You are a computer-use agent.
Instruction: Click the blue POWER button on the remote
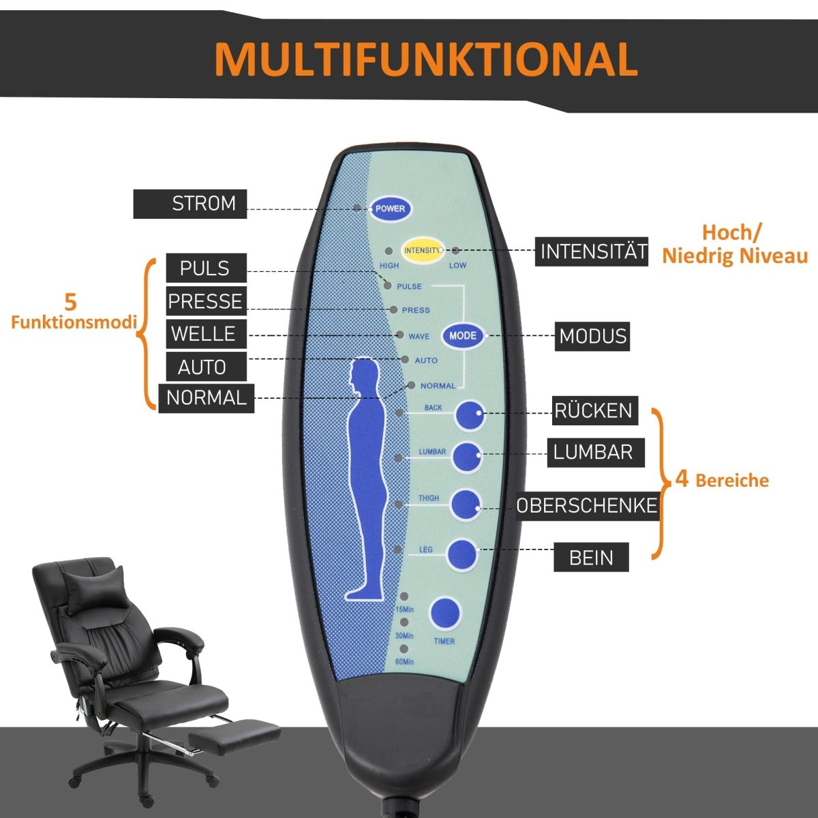[391, 209]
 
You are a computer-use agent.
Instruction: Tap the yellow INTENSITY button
[422, 250]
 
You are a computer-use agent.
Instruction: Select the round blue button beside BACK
[470, 415]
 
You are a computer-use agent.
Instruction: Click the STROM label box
[190, 204]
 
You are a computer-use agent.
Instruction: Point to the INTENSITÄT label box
[592, 252]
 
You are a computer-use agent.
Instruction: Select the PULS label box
[206, 269]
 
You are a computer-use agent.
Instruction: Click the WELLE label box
[204, 334]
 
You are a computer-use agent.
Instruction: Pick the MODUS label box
[592, 337]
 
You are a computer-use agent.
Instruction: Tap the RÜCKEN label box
[594, 410]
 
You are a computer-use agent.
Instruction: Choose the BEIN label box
[590, 558]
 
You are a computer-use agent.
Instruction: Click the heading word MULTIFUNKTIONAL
[425, 59]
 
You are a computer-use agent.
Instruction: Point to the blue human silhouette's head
[365, 376]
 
